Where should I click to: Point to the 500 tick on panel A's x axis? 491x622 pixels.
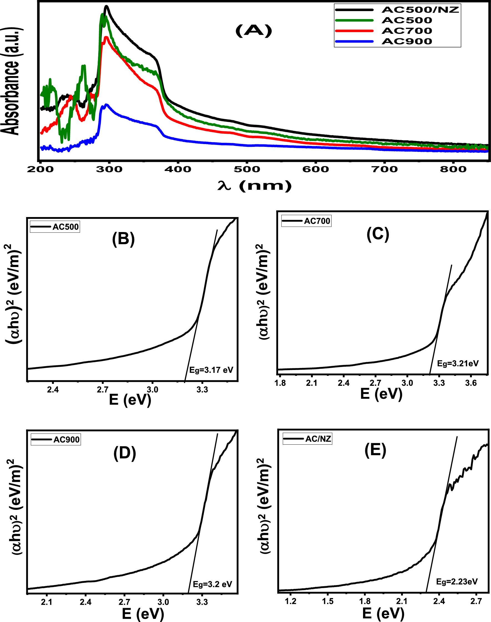(x=247, y=169)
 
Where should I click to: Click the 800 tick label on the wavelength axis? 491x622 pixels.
(x=453, y=169)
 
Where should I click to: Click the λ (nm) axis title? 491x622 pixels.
(x=255, y=186)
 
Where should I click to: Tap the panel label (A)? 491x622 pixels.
(x=254, y=31)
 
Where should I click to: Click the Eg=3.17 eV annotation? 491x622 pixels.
(x=211, y=370)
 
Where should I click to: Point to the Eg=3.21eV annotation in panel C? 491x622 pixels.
(x=458, y=364)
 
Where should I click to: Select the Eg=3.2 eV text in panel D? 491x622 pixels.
(x=212, y=584)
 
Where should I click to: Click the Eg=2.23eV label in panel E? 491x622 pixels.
(x=457, y=582)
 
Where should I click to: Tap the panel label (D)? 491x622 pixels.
(x=124, y=454)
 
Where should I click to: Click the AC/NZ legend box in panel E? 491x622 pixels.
(x=307, y=439)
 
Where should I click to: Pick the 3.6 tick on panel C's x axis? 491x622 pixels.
(x=471, y=383)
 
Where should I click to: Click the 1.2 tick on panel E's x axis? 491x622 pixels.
(x=291, y=601)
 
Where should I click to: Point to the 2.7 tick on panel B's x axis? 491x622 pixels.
(x=102, y=390)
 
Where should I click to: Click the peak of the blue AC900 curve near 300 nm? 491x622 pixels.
(x=107, y=105)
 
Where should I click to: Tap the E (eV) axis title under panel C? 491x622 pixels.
(x=381, y=394)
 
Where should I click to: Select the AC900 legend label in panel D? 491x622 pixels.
(x=66, y=440)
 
